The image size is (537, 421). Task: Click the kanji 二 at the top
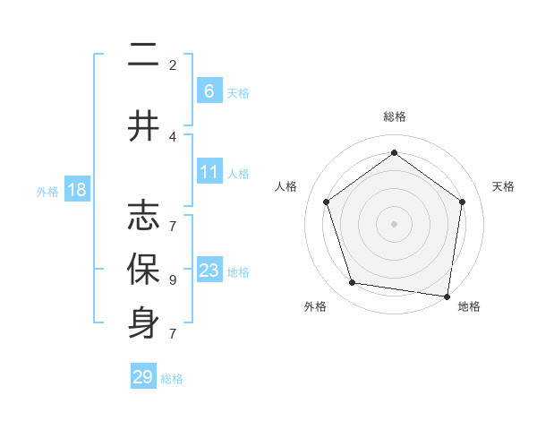pyautogui.click(x=143, y=56)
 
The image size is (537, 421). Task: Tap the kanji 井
pyautogui.click(x=143, y=126)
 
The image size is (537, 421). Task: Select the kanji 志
pyautogui.click(x=143, y=214)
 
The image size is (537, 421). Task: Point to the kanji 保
pyautogui.click(x=143, y=270)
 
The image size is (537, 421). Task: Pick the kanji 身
pyautogui.click(x=143, y=324)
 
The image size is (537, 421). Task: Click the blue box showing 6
pyautogui.click(x=209, y=91)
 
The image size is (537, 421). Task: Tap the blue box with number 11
pyautogui.click(x=209, y=172)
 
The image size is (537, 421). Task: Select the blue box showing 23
pyautogui.click(x=209, y=271)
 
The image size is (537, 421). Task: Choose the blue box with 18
pyautogui.click(x=76, y=190)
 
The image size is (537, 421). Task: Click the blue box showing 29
pyautogui.click(x=143, y=377)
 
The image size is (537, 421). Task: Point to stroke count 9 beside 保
pyautogui.click(x=172, y=279)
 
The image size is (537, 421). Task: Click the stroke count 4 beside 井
pyautogui.click(x=172, y=137)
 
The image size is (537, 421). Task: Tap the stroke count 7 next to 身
pyautogui.click(x=172, y=333)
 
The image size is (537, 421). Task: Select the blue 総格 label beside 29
pyautogui.click(x=172, y=379)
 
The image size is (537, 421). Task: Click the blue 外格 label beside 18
pyautogui.click(x=47, y=191)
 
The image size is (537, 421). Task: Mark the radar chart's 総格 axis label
pyautogui.click(x=394, y=116)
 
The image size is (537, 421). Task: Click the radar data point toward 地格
pyautogui.click(x=447, y=296)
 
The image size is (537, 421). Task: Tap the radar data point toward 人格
pyautogui.click(x=326, y=202)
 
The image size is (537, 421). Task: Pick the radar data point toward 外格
pyautogui.click(x=353, y=283)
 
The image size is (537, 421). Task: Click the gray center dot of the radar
pyautogui.click(x=394, y=223)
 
